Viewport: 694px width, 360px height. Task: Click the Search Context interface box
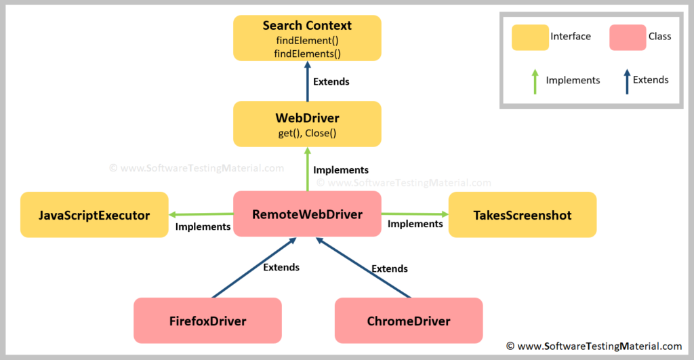(307, 38)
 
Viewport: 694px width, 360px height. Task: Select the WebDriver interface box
(307, 124)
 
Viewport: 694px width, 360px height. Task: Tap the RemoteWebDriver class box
(307, 214)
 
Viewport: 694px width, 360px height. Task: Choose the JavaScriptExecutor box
(94, 215)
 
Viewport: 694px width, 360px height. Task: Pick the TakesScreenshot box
(522, 215)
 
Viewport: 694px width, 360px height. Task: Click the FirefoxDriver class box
(207, 321)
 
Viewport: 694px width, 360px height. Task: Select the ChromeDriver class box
(409, 321)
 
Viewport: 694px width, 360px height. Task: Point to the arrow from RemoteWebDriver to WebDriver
(307, 169)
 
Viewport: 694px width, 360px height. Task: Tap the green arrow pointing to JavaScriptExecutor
(201, 215)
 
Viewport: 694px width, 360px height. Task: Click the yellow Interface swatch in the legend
(530, 37)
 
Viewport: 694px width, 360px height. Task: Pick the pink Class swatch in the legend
(628, 37)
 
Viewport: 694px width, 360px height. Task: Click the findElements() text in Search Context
(307, 54)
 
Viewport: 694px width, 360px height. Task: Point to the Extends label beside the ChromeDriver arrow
(390, 268)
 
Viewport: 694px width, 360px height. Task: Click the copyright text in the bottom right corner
(594, 346)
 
